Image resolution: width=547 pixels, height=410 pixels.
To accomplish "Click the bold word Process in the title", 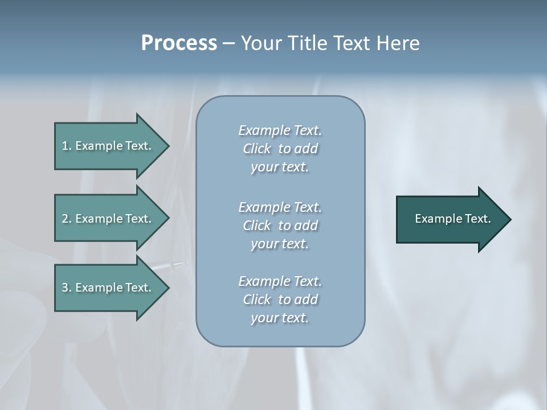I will pos(179,43).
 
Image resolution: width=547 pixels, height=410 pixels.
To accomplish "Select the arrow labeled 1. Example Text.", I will pos(108,146).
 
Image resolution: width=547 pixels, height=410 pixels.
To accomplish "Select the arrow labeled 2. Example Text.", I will pos(108,219).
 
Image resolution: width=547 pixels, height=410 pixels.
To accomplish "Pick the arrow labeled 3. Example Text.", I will pos(108,288).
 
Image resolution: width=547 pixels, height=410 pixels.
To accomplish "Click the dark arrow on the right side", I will pos(450,219).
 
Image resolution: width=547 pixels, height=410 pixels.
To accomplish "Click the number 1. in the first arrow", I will pos(67,146).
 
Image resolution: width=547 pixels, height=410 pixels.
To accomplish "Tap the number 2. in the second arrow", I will pos(67,219).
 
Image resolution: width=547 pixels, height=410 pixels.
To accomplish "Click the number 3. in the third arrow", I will pos(67,288).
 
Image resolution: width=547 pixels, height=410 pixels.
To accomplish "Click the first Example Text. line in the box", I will pos(280,130).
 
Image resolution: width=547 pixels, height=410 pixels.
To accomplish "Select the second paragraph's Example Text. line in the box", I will pos(280,207).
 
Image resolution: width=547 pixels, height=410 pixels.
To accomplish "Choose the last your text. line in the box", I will pos(280,318).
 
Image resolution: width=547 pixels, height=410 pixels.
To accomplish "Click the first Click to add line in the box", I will pos(280,149).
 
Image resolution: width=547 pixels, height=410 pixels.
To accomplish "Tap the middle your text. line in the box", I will pos(280,244).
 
